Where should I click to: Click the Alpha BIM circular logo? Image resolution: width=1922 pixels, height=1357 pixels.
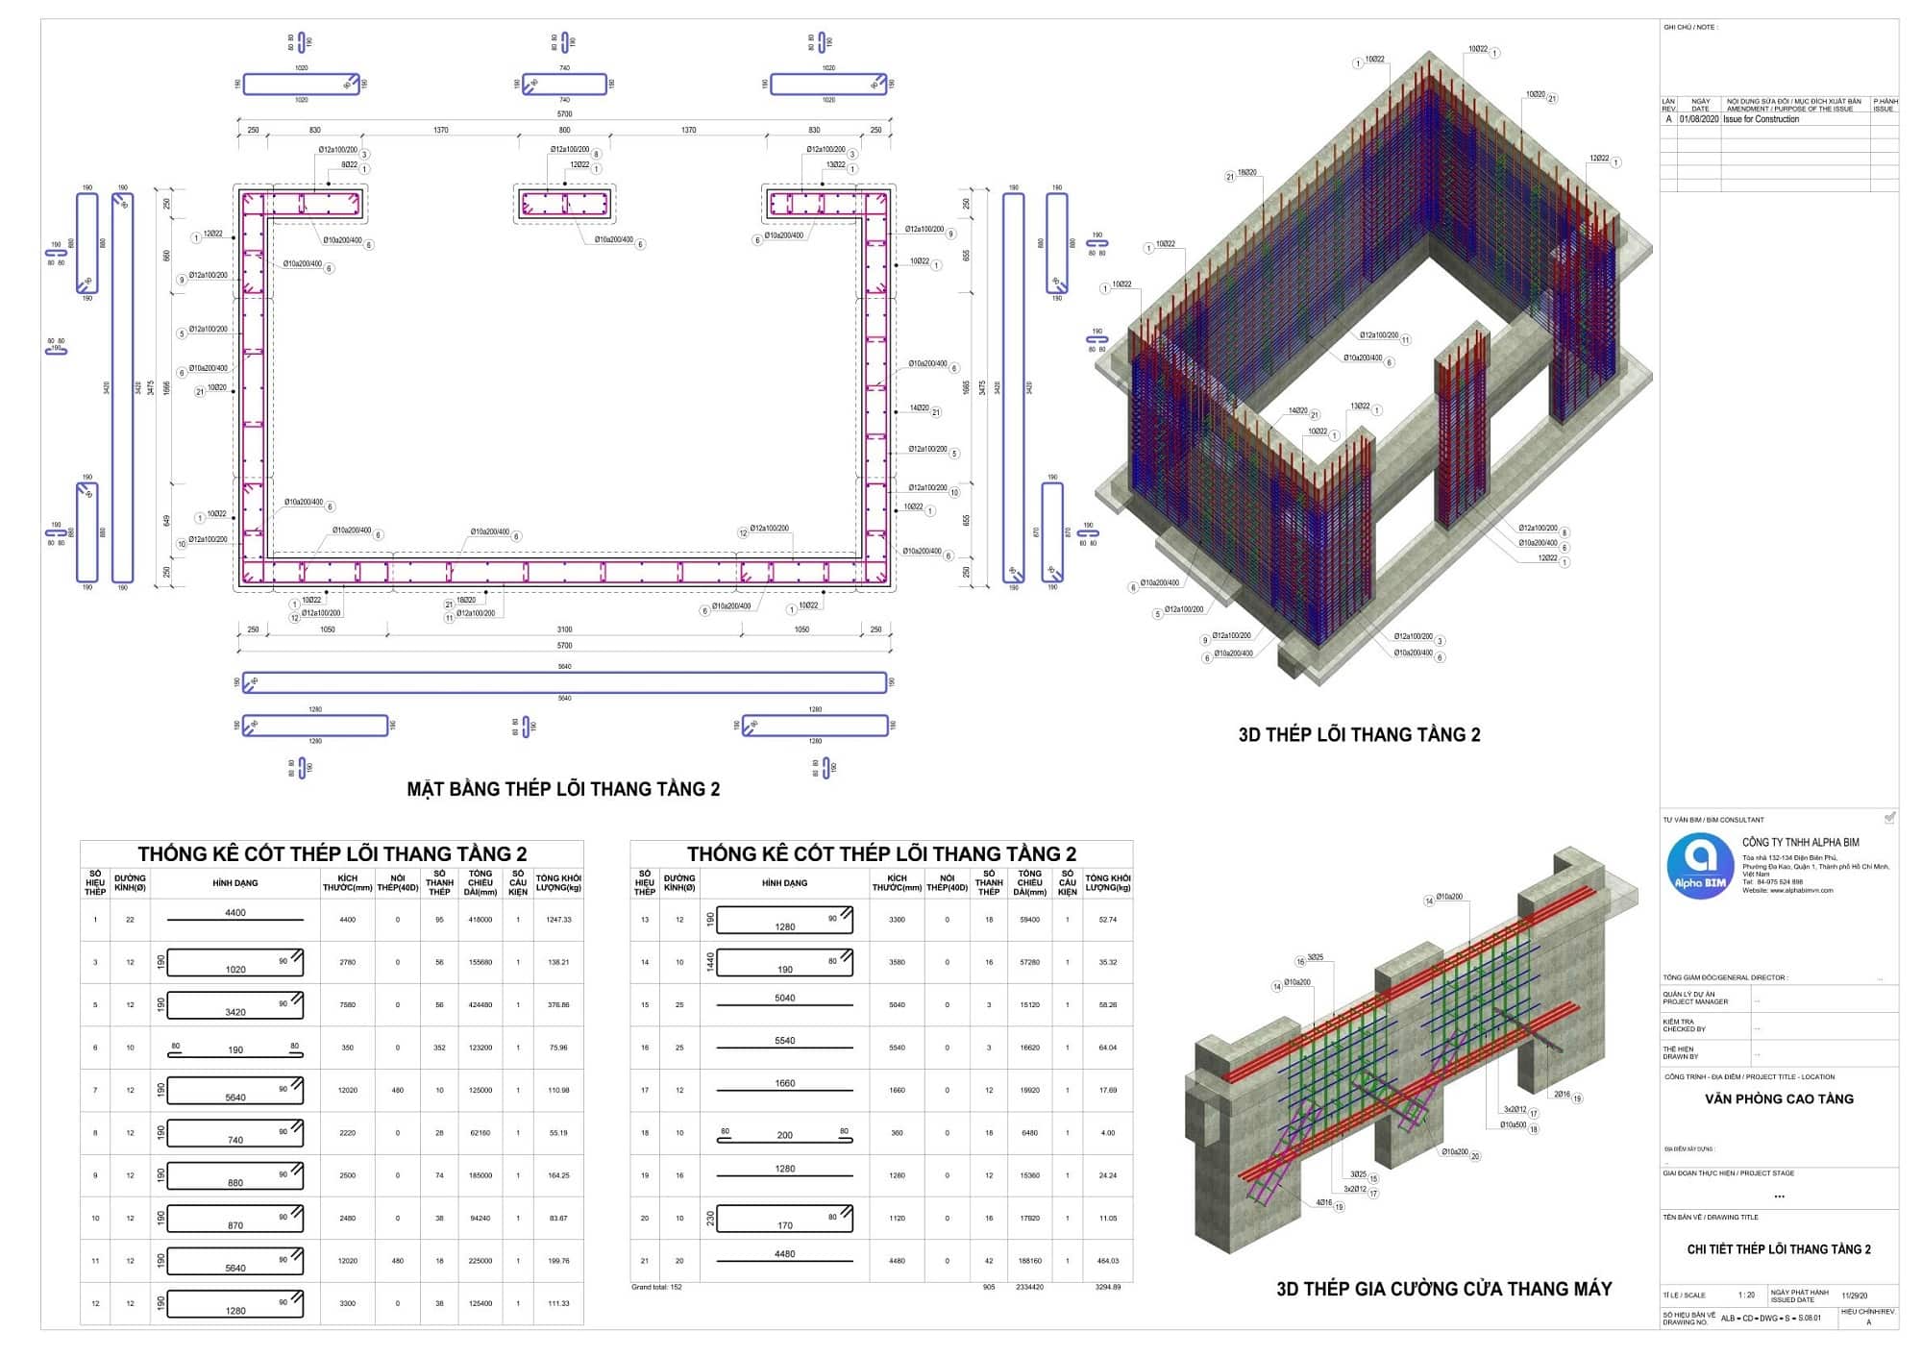click(1700, 865)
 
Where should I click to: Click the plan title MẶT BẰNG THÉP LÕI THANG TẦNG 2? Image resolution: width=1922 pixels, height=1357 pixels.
click(563, 789)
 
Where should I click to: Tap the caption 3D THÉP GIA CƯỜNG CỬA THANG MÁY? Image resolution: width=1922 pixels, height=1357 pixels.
click(1443, 1289)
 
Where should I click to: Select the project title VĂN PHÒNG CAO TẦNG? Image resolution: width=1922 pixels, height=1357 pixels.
click(1779, 1098)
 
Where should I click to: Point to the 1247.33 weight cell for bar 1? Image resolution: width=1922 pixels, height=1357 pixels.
click(558, 920)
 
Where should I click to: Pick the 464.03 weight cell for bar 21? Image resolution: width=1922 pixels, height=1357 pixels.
click(1107, 1261)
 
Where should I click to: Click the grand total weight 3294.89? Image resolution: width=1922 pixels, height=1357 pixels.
click(1107, 1287)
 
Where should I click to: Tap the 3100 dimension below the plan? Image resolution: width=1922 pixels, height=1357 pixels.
click(564, 629)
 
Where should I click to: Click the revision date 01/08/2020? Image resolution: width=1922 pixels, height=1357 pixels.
click(1699, 119)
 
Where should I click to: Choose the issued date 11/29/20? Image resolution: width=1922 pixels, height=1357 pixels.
click(1855, 1295)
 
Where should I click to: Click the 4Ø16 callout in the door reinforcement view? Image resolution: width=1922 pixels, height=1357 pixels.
click(1324, 1202)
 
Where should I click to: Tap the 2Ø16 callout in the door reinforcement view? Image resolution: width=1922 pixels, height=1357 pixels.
click(1562, 1095)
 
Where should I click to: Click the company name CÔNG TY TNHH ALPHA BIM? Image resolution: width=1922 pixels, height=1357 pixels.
click(1800, 842)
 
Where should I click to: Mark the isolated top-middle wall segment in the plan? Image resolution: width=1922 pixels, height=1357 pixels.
click(564, 204)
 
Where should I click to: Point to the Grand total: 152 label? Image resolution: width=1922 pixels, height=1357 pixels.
click(656, 1287)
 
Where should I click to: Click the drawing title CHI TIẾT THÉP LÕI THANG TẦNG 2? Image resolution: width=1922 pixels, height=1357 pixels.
click(1779, 1249)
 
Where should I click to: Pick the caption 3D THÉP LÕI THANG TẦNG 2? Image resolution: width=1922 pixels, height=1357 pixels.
click(1359, 735)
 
